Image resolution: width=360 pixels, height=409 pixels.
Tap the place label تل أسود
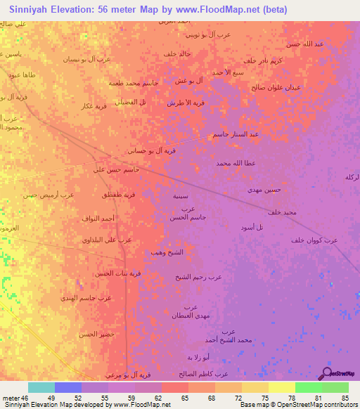coord(251,227)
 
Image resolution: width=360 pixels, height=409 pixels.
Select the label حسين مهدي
coord(264,190)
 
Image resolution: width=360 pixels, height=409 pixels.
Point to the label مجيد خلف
coord(283,212)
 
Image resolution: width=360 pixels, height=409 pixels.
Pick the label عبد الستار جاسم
coord(236,134)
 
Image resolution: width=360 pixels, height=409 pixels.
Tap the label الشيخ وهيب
coord(167,252)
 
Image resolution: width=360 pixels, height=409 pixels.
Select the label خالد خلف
coord(177,54)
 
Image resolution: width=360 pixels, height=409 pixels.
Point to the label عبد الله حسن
coord(304,44)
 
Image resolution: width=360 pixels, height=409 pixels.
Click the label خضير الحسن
coord(96,334)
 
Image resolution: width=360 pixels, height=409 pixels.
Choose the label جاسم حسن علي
coord(117,169)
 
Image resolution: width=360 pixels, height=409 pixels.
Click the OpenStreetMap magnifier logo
coord(326,372)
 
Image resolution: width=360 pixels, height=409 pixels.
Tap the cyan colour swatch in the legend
coord(41,387)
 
